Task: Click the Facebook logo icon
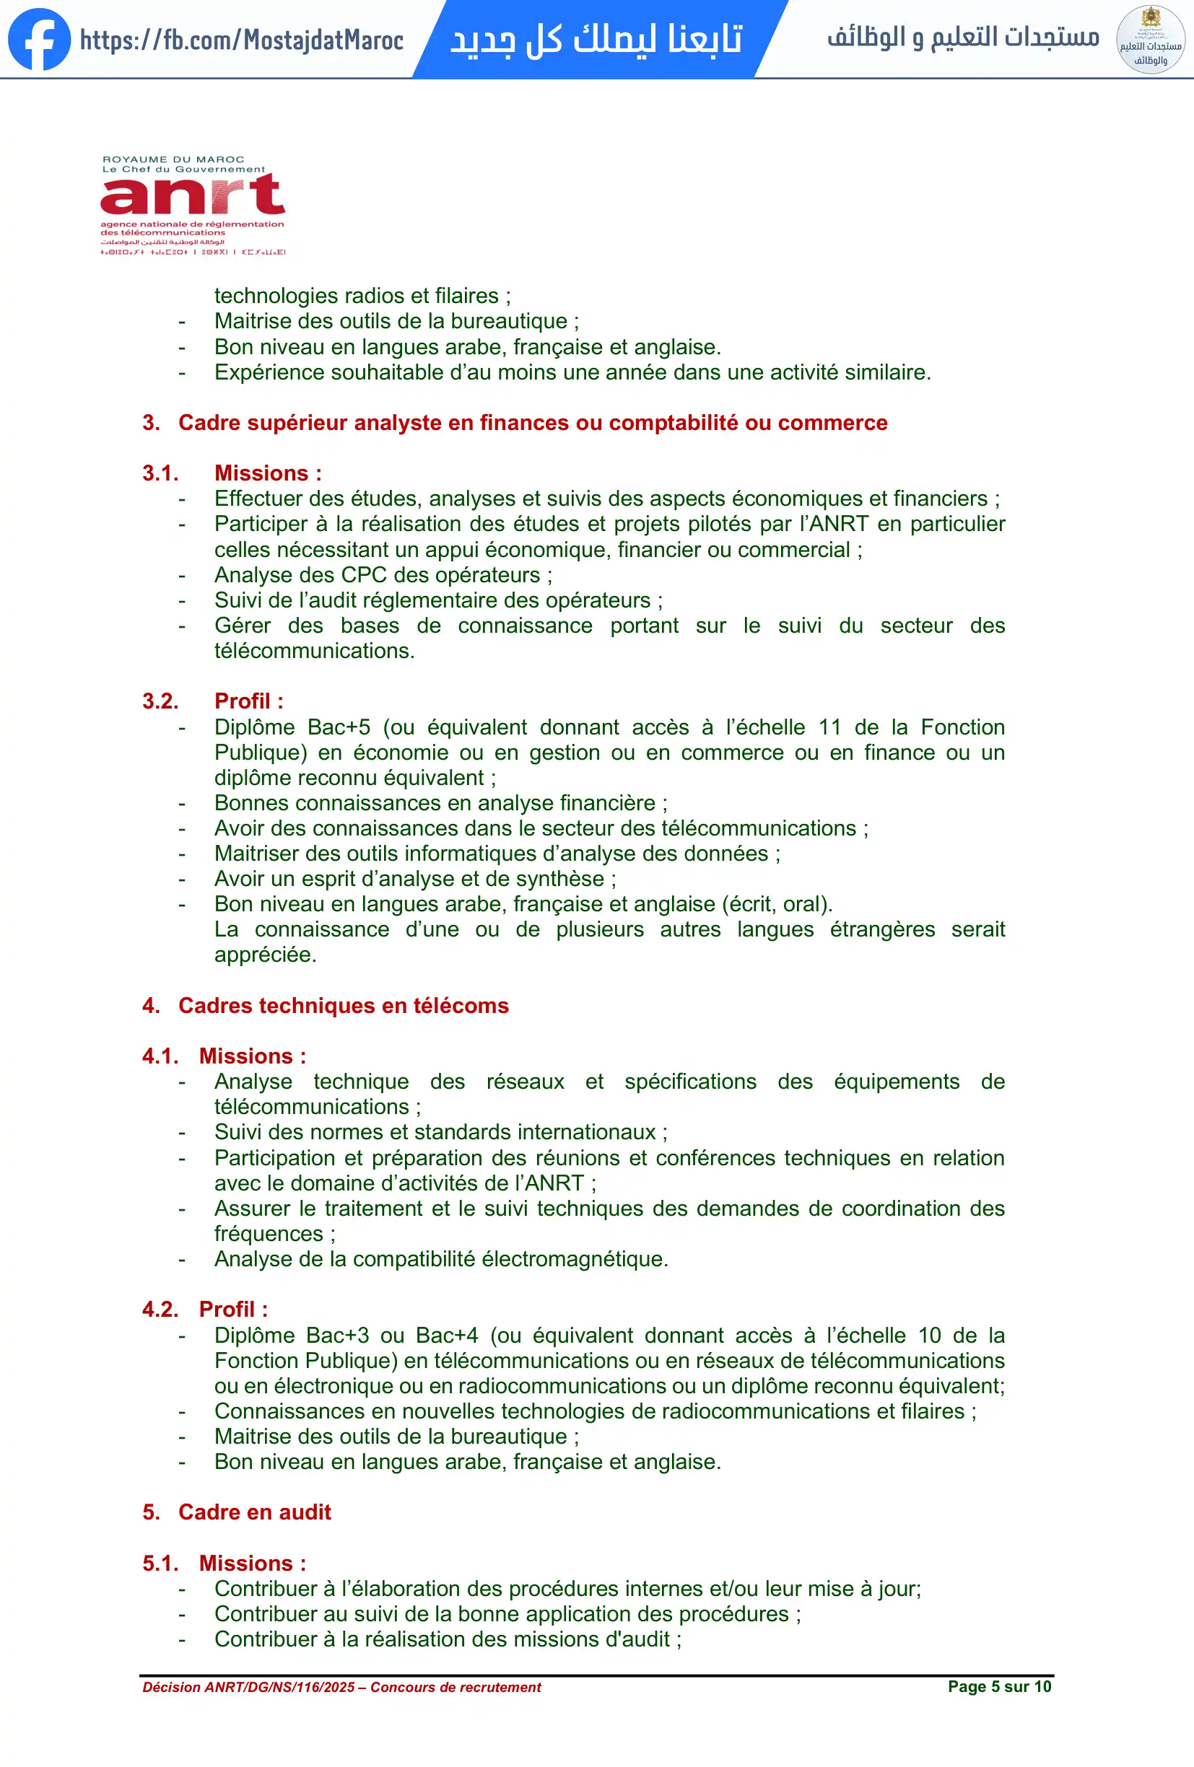(x=39, y=39)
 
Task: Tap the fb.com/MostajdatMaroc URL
(x=241, y=40)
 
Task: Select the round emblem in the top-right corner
(x=1150, y=40)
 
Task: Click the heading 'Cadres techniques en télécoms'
(x=343, y=1006)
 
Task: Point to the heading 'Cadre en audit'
(x=255, y=1512)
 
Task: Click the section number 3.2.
(x=160, y=701)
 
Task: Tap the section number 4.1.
(x=160, y=1056)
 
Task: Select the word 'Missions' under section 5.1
(x=245, y=1564)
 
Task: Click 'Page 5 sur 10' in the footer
(x=999, y=1686)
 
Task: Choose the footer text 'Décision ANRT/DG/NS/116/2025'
(x=248, y=1687)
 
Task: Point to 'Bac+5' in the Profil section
(x=339, y=727)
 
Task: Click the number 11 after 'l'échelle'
(x=829, y=727)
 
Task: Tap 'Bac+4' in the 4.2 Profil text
(x=447, y=1335)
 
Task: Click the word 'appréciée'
(x=265, y=955)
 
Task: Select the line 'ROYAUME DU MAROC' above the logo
(x=173, y=159)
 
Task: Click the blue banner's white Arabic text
(x=596, y=40)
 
